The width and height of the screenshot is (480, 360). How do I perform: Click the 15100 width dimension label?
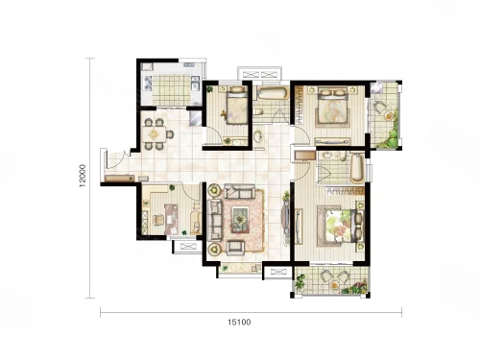click(x=239, y=323)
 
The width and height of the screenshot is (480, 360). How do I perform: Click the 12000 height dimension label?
click(x=83, y=176)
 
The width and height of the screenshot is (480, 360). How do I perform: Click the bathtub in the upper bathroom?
click(x=273, y=93)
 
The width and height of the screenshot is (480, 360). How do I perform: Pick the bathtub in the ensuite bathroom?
click(x=357, y=168)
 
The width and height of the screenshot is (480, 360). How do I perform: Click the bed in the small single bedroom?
click(x=236, y=105)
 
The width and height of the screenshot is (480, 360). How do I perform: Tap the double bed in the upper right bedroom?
click(x=333, y=107)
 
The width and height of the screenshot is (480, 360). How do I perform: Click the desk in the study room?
click(x=171, y=220)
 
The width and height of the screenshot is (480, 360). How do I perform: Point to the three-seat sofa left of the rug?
click(x=214, y=220)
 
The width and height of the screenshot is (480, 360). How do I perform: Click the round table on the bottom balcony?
click(x=335, y=284)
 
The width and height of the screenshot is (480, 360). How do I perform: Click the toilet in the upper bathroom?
click(x=259, y=111)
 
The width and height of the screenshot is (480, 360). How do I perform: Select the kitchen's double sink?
click(x=194, y=83)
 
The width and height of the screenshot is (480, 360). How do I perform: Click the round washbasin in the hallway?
click(x=258, y=136)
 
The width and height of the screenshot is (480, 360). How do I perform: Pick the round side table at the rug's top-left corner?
click(x=214, y=191)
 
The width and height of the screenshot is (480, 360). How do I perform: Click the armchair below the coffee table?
click(x=236, y=248)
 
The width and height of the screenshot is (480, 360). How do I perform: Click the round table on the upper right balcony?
click(x=388, y=116)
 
